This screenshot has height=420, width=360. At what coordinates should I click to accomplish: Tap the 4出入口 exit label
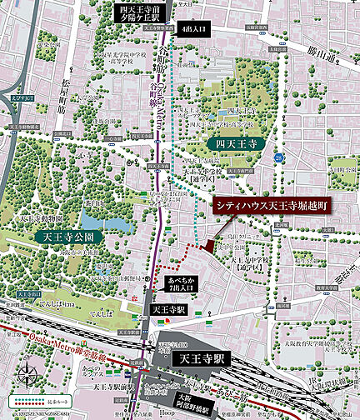point(197,28)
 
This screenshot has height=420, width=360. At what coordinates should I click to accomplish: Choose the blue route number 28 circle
point(281,157)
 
